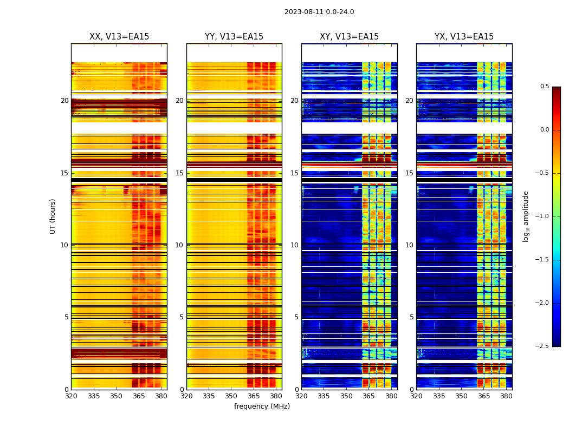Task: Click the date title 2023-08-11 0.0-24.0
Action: click(x=319, y=12)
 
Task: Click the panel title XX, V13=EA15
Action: click(x=119, y=37)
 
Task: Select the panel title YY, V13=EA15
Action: click(x=234, y=37)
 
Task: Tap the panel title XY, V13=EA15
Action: click(x=350, y=37)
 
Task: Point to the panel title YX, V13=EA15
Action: click(x=464, y=37)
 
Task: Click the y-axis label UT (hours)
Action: click(x=53, y=216)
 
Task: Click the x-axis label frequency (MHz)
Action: click(x=262, y=406)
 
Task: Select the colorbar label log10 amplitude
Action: click(x=526, y=216)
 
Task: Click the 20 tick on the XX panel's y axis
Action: click(x=64, y=101)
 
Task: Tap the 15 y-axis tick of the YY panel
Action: click(x=180, y=173)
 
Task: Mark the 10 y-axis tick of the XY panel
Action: click(x=295, y=245)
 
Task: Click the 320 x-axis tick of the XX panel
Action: click(x=71, y=396)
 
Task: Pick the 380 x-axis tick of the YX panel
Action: click(x=506, y=396)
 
